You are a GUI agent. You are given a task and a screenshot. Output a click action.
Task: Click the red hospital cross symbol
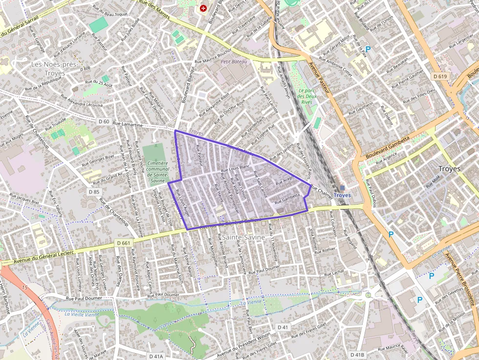point(203,8)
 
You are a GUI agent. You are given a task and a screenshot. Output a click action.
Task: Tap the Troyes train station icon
point(342,188)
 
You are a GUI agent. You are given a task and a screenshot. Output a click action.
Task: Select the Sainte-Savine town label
point(243,237)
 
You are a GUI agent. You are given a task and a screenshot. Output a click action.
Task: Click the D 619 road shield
point(440,76)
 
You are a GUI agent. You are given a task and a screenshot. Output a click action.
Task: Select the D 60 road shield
point(104,121)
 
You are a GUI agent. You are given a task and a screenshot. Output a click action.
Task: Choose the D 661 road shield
point(123,243)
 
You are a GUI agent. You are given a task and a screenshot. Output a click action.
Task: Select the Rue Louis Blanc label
point(236,169)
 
